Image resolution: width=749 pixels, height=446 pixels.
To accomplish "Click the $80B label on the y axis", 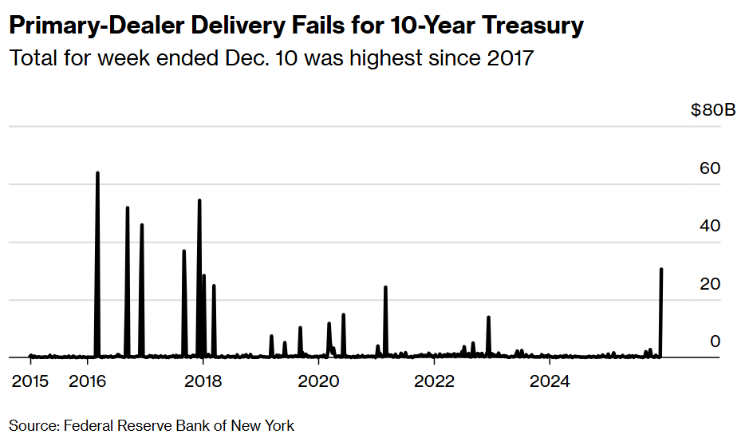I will click(712, 110).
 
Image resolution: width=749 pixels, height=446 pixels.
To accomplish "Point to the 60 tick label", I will click(710, 168).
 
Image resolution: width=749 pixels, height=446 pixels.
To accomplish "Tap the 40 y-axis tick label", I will click(710, 226).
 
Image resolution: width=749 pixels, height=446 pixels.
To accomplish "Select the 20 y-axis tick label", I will click(710, 284).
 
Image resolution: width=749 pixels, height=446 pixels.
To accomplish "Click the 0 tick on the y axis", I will click(715, 341).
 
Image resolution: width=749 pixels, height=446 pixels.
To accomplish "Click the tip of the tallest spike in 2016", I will click(97, 172).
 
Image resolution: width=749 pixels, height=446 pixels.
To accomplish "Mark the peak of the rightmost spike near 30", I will click(661, 270).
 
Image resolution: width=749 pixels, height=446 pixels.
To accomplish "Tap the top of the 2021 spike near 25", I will click(385, 286).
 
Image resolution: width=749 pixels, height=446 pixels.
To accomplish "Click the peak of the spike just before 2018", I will click(199, 200).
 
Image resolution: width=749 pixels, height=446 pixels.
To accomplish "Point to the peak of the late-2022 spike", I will click(488, 318).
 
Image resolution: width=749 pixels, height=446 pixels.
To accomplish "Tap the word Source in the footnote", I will click(32, 425).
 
